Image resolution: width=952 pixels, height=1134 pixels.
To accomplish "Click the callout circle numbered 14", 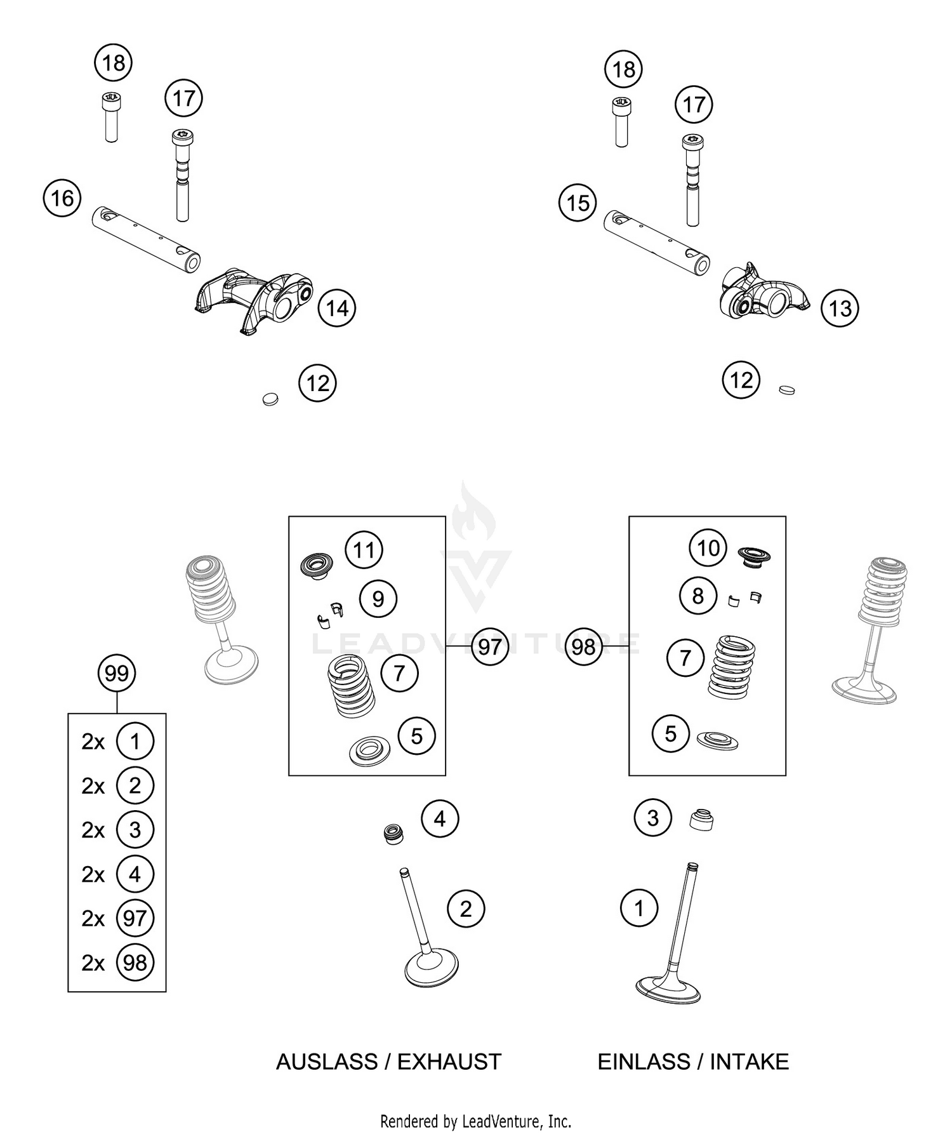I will tap(337, 308).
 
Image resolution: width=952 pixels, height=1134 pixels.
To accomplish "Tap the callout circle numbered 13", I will tap(840, 309).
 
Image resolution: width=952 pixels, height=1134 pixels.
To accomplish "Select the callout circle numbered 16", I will tap(62, 198).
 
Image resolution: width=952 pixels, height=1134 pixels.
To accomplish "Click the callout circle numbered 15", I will tap(578, 203).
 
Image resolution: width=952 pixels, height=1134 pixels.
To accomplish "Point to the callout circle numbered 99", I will tap(117, 673).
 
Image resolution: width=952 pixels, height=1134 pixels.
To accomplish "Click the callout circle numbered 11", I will tap(364, 549).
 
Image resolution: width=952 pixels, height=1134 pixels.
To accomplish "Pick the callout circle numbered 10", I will tap(708, 547).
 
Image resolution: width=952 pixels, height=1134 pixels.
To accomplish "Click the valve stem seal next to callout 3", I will tap(701, 820).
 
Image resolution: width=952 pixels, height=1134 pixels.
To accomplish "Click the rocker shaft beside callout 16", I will tap(146, 239).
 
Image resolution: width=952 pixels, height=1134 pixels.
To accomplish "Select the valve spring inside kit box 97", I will tap(351, 686).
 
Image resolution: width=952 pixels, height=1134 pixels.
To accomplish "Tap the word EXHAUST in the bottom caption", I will tap(449, 1062).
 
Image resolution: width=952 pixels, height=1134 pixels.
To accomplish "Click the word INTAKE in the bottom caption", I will tap(749, 1062).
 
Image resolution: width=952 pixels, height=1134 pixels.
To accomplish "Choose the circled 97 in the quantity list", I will tap(135, 918).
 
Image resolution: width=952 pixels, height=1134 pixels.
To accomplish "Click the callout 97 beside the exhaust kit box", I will tap(489, 646).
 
